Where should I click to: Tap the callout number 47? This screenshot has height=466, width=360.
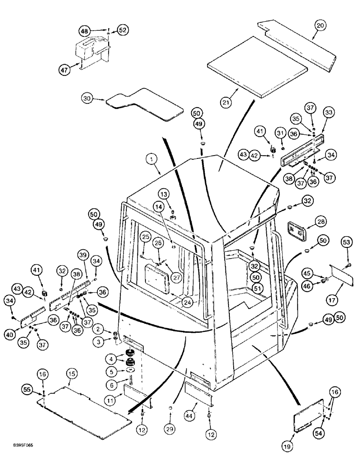pos(64,70)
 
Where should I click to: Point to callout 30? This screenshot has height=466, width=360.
pos(86,98)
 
